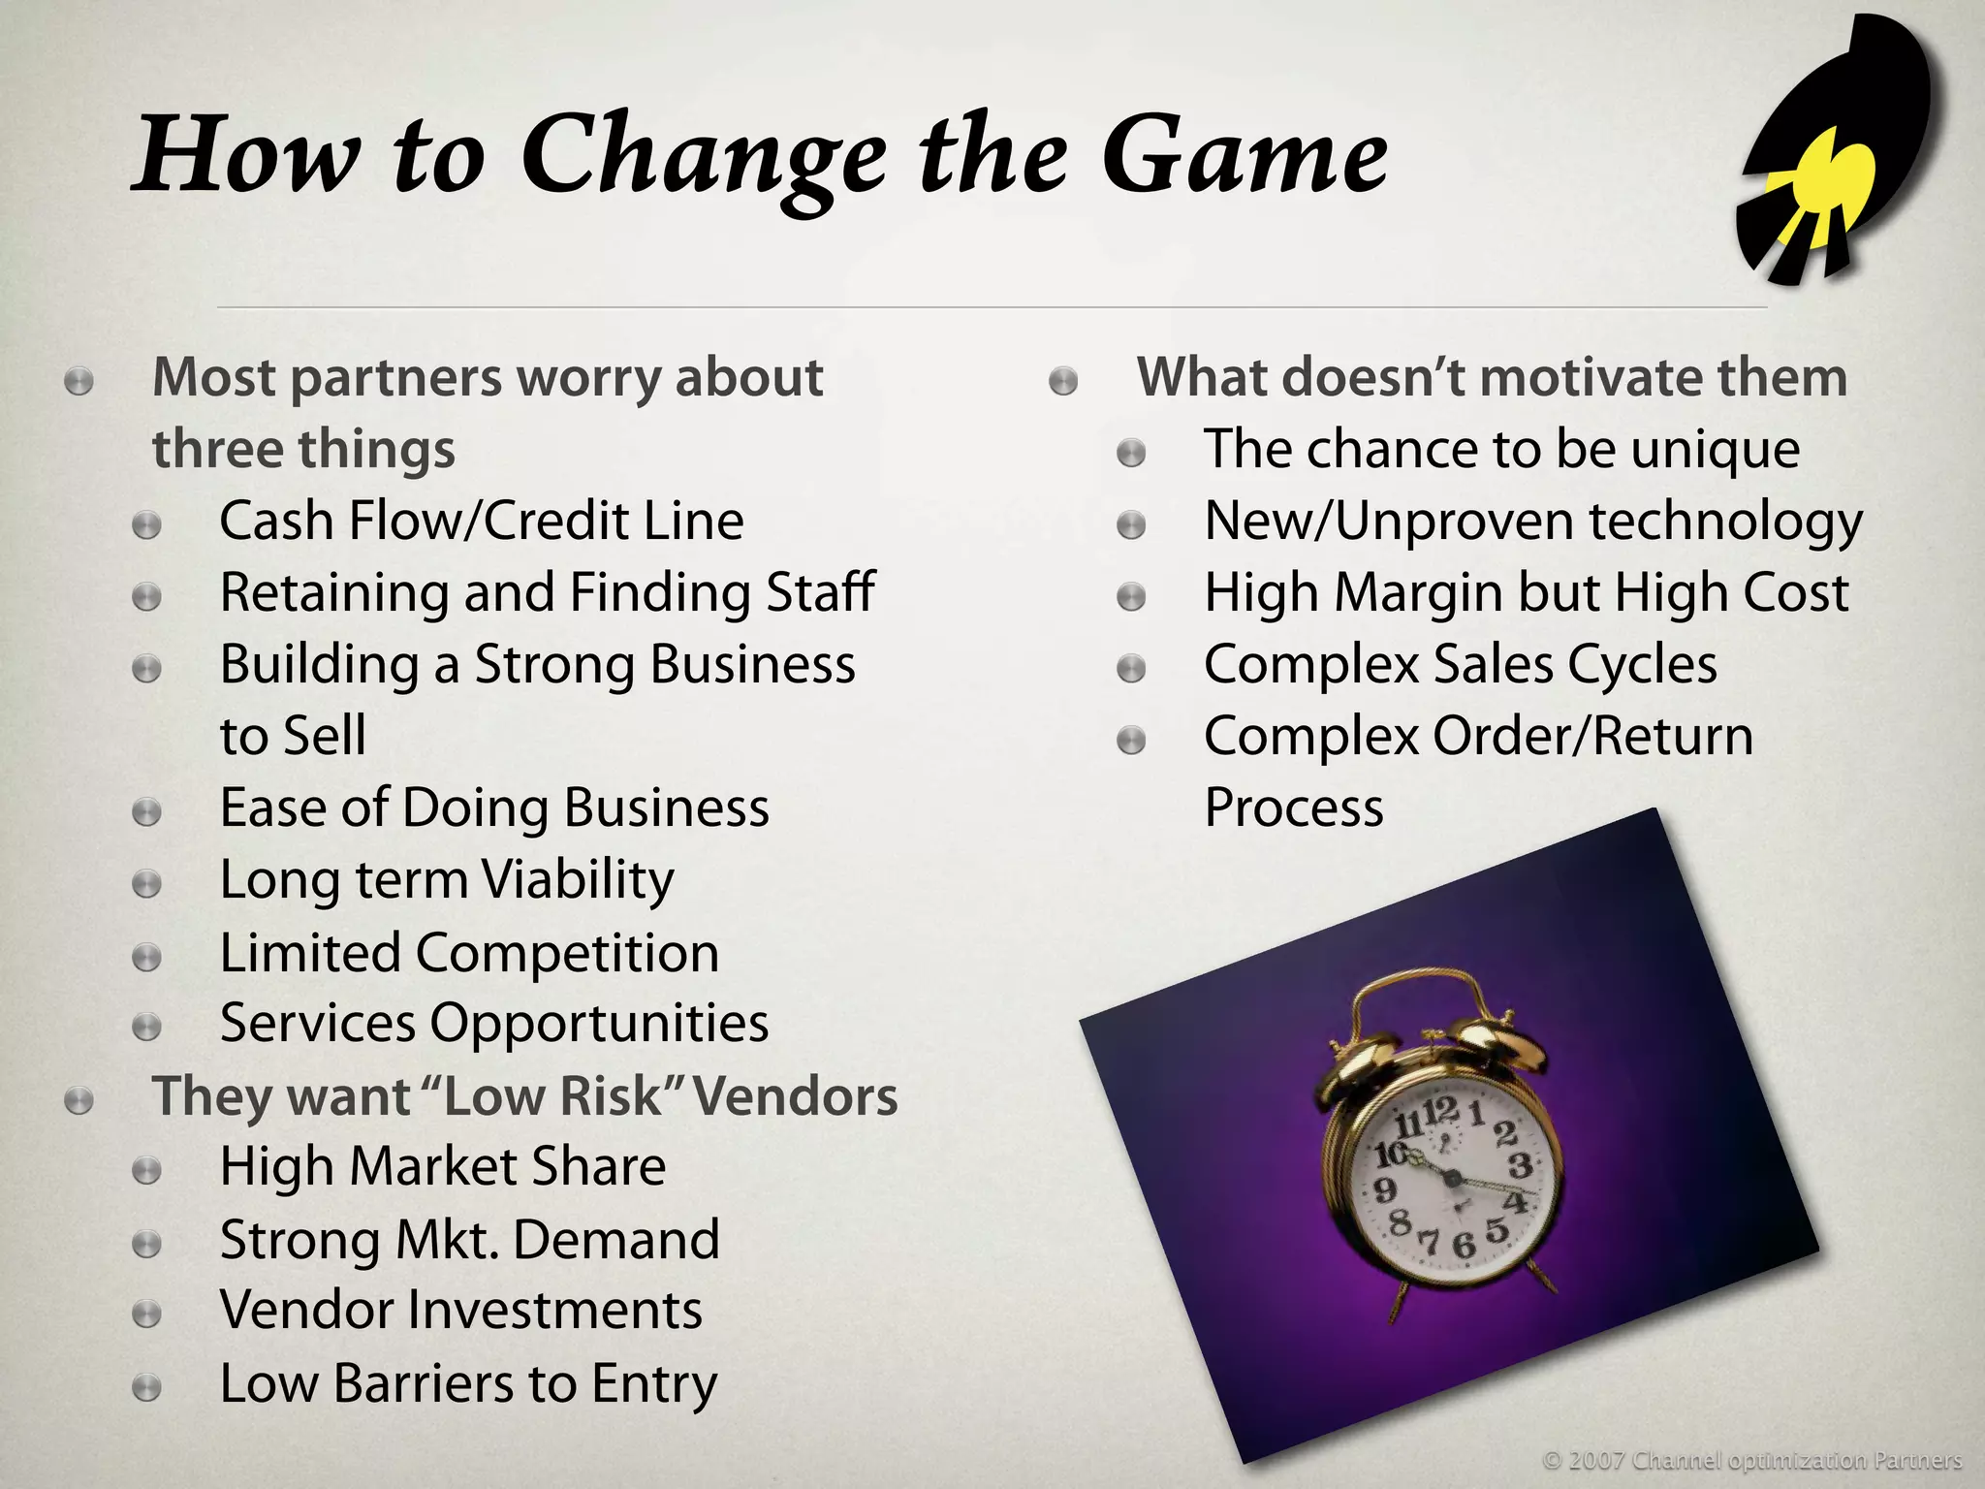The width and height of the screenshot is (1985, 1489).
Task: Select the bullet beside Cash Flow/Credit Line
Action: tap(146, 525)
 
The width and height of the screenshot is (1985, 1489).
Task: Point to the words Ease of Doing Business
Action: tap(494, 808)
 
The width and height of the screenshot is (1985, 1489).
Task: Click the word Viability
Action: tap(578, 880)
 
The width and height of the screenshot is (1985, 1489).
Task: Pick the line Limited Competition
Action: tap(469, 952)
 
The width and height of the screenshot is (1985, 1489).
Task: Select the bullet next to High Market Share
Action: tap(146, 1171)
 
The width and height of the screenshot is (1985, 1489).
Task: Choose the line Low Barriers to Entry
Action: tap(468, 1383)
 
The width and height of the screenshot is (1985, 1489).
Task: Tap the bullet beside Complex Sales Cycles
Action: tap(1131, 669)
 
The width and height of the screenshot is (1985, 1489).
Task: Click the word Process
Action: tap(1294, 808)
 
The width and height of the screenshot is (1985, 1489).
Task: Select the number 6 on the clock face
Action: tap(1464, 1244)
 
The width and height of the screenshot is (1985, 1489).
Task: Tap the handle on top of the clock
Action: tap(1415, 989)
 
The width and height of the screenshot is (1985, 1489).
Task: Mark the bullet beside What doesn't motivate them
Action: tap(1063, 381)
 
